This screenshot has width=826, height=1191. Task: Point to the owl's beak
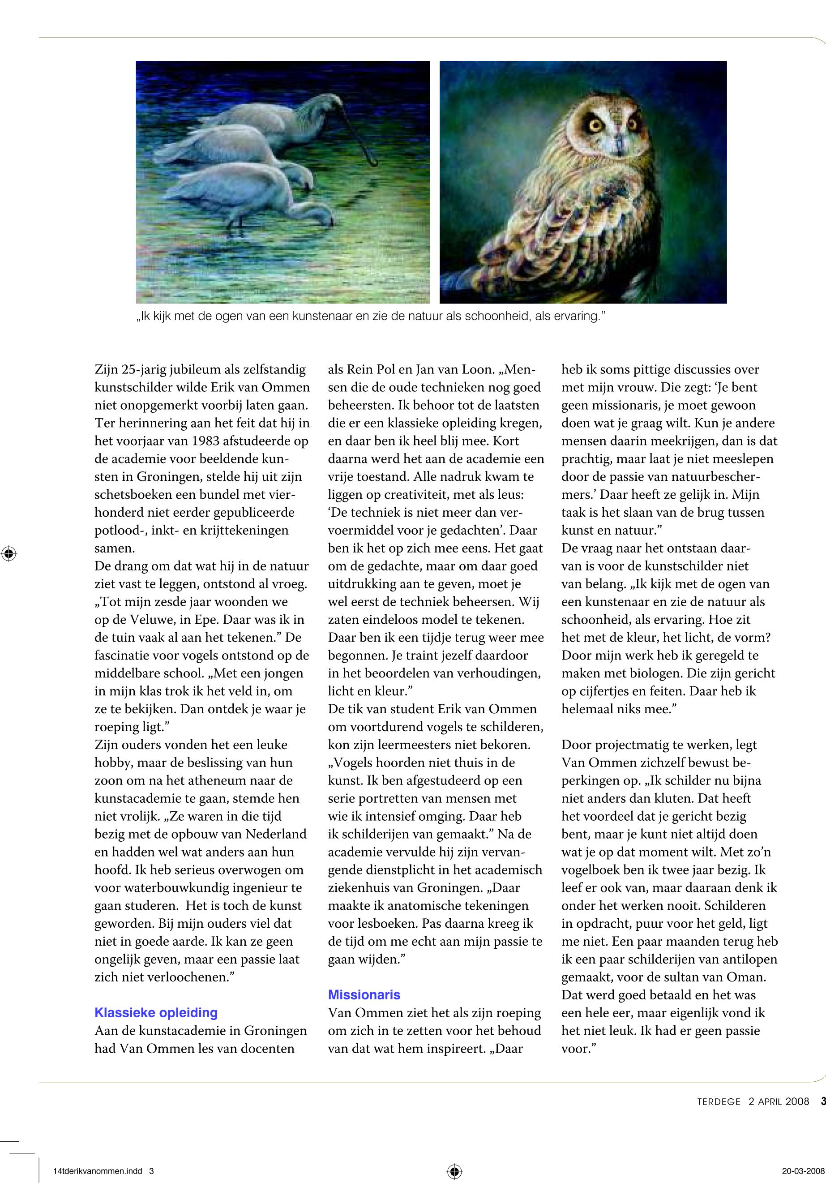[617, 140]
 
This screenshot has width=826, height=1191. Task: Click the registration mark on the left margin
[9, 553]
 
